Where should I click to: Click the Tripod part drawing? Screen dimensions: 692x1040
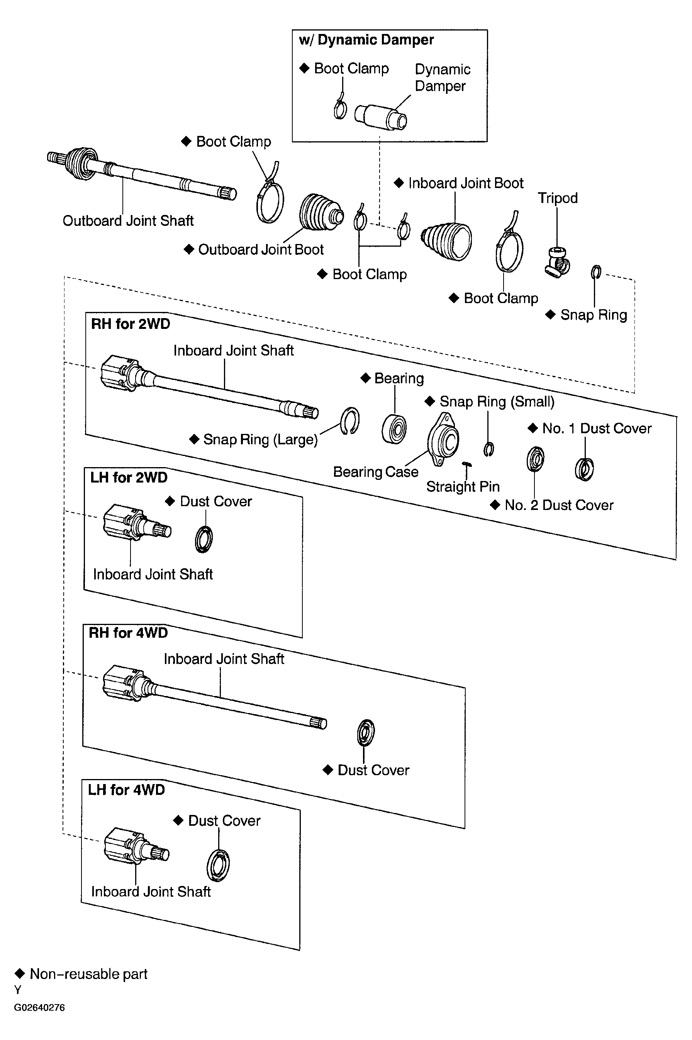pyautogui.click(x=557, y=263)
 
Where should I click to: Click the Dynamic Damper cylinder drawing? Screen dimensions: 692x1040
pyautogui.click(x=380, y=117)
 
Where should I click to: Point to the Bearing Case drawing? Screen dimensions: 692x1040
pyautogui.click(x=443, y=439)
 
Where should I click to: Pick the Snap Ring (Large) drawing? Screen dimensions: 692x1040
pyautogui.click(x=350, y=421)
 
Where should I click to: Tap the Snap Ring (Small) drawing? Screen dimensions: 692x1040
pyautogui.click(x=488, y=449)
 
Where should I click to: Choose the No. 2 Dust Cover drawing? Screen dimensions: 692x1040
pyautogui.click(x=535, y=459)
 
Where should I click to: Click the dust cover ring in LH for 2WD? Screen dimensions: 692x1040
pyautogui.click(x=204, y=539)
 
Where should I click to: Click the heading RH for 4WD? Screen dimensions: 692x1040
pyautogui.click(x=129, y=633)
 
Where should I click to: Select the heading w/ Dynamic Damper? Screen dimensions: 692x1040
pyautogui.click(x=366, y=40)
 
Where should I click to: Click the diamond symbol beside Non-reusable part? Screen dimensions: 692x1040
pyautogui.click(x=20, y=974)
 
